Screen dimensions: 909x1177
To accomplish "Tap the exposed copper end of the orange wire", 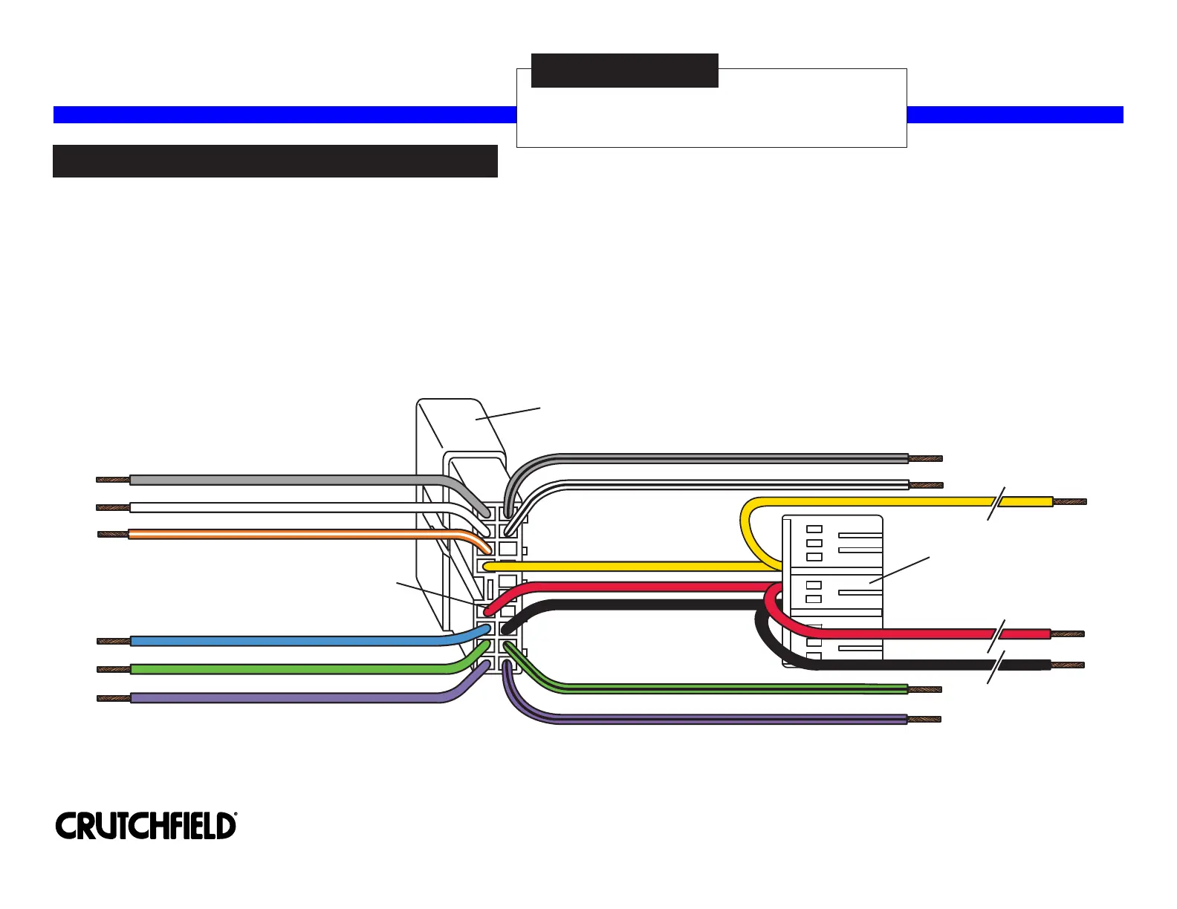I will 113,534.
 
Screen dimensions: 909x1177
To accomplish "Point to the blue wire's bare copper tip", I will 114,641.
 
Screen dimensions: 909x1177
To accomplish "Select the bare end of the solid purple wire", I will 114,698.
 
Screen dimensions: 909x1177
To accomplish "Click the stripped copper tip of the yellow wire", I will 1070,502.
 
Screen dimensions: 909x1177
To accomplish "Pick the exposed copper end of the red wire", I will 1068,634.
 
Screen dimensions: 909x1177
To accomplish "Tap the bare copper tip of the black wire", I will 1068,665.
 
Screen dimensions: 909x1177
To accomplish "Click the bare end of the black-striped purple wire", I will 924,720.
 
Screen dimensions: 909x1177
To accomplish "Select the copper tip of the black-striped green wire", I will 924,689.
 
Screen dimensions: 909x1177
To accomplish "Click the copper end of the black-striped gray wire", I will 926,458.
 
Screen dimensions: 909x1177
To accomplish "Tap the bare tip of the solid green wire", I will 114,669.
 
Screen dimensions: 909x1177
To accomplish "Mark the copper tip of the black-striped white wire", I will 926,486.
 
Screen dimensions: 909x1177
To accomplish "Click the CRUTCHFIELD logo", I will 146,826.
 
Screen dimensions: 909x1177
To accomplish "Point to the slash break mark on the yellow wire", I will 996,503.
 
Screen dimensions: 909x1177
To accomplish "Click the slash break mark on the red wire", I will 996,635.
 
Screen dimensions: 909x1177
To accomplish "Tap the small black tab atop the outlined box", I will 625,71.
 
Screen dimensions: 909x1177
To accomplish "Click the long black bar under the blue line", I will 275,161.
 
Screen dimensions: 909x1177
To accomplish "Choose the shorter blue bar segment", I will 1015,114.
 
